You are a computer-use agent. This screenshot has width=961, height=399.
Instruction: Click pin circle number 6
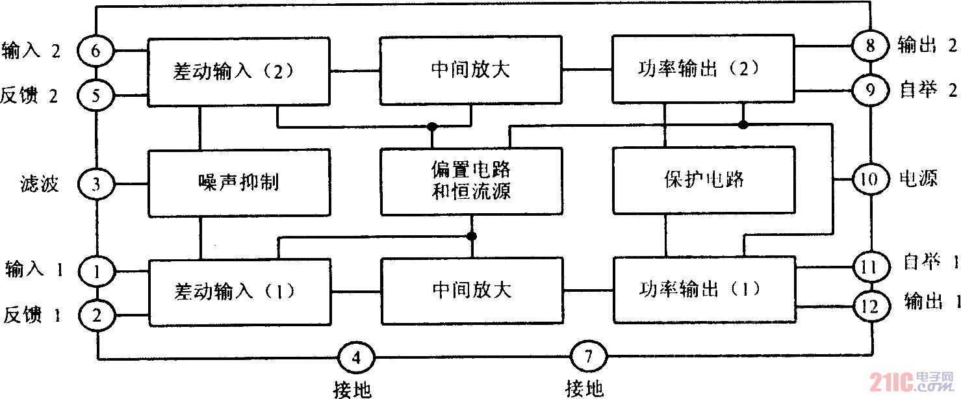click(x=96, y=49)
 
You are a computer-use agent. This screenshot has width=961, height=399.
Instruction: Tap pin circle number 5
click(x=96, y=97)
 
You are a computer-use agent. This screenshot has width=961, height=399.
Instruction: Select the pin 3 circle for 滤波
click(x=96, y=184)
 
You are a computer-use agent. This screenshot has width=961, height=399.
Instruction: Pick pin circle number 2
click(x=96, y=316)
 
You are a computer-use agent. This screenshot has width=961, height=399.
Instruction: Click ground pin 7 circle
click(x=589, y=357)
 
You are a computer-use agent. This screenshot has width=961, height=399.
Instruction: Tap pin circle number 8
click(x=870, y=46)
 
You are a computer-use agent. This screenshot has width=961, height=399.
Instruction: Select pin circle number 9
click(x=870, y=90)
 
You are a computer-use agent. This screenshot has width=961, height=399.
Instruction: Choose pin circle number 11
click(x=870, y=266)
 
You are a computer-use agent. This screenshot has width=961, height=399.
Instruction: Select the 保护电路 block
click(x=704, y=180)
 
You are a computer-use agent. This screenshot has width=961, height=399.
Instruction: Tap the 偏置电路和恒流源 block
click(x=471, y=181)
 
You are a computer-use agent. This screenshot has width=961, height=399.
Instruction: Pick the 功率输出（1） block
click(x=704, y=289)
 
